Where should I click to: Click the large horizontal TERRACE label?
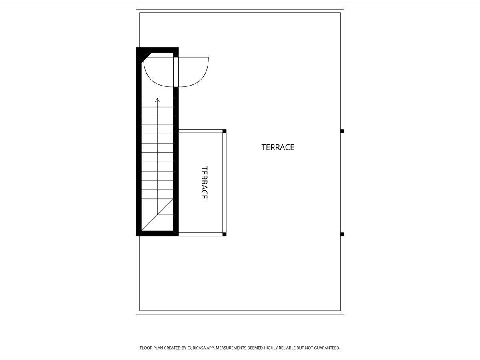click(x=278, y=147)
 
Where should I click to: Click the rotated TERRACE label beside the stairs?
click(x=204, y=182)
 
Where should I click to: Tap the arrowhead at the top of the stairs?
click(x=157, y=100)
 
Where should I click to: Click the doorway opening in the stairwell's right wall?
click(x=176, y=72)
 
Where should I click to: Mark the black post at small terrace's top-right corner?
click(x=224, y=131)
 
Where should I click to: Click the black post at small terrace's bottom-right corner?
click(x=224, y=234)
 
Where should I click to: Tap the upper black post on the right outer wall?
click(x=342, y=131)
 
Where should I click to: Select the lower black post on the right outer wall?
click(x=342, y=234)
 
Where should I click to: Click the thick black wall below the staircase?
click(x=157, y=234)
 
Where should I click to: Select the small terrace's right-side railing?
click(x=224, y=182)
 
